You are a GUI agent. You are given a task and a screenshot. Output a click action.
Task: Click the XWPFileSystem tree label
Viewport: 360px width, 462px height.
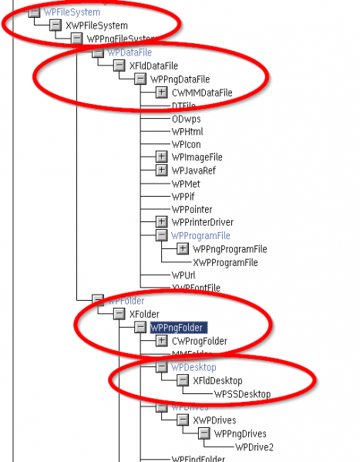coord(96,25)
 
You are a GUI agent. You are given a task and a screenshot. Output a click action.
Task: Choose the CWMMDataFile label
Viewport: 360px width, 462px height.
coord(202,93)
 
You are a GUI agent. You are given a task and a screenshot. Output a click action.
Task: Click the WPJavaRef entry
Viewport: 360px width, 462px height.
coord(193,170)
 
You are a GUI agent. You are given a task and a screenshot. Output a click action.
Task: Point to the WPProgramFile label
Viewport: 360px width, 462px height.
coord(200,235)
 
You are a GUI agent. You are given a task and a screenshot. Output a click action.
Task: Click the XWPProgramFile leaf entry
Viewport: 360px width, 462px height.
coord(225,262)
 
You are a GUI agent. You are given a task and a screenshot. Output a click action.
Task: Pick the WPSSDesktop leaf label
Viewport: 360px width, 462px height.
coord(242,394)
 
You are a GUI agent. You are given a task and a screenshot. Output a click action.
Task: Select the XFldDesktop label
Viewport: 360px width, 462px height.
coord(217,381)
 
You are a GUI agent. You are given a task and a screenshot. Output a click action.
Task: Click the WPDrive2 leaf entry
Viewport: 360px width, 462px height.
coord(254,447)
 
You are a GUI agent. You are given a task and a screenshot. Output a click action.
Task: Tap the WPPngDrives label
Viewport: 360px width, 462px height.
coord(240,433)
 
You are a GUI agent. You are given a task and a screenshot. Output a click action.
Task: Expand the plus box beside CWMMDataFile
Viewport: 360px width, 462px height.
coord(161,93)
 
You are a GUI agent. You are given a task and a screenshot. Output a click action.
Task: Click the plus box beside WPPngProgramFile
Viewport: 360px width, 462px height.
coord(183,249)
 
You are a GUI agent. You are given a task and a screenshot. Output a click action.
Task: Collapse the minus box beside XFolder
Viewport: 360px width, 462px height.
coord(119,315)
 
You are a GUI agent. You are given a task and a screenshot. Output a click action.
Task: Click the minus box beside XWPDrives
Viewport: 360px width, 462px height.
coord(183,420)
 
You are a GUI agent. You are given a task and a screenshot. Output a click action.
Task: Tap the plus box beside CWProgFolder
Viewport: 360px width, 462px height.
coord(161,341)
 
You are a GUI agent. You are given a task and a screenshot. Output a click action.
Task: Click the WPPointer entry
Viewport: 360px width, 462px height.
coord(192,210)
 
